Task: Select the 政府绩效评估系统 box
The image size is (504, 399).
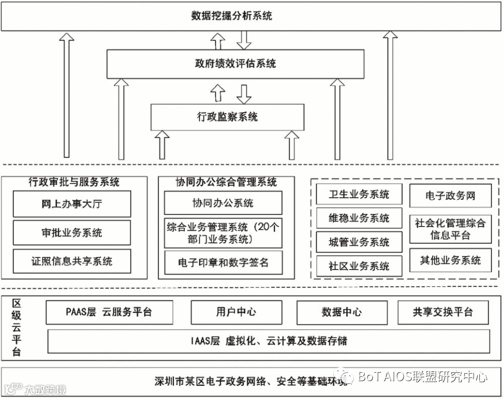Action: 235,64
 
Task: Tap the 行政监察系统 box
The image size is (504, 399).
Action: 227,117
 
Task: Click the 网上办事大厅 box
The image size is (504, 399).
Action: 71,204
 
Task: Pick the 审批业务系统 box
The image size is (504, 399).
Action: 71,232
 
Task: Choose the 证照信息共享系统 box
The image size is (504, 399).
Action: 71,261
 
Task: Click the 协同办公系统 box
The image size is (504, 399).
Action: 223,203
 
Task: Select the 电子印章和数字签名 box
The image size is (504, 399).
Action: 223,262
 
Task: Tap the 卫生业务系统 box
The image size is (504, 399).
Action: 359,195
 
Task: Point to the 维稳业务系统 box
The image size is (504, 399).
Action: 359,218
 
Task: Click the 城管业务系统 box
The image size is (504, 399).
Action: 359,242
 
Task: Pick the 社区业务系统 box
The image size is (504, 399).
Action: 359,266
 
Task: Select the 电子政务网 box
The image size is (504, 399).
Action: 450,196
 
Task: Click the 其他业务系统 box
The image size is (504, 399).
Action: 450,260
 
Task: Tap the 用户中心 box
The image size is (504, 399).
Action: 236,312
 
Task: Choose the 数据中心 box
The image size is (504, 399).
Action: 341,312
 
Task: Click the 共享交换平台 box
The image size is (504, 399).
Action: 443,312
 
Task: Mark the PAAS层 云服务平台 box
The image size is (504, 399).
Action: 109,312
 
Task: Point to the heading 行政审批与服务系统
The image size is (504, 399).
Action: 74,182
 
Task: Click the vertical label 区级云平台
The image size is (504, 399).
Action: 16,328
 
